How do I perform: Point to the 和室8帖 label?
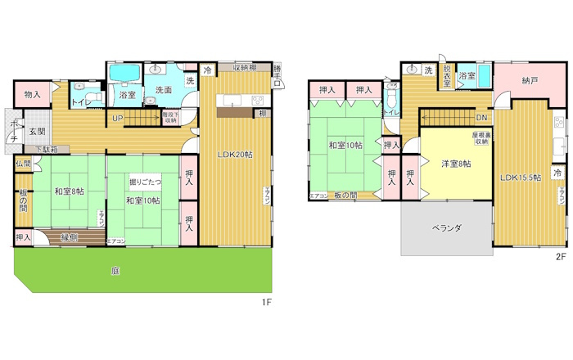coord(70,192)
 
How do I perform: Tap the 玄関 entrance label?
coord(38,131)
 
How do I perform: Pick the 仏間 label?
coord(23,164)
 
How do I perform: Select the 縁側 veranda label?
coord(69,237)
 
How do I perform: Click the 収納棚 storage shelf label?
coord(245,67)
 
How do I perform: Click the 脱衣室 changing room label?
coord(447,76)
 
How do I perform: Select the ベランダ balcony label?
coord(447,228)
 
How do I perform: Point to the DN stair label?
coord(482,117)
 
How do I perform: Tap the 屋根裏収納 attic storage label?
coord(481,137)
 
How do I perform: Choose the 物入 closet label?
coord(33,95)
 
